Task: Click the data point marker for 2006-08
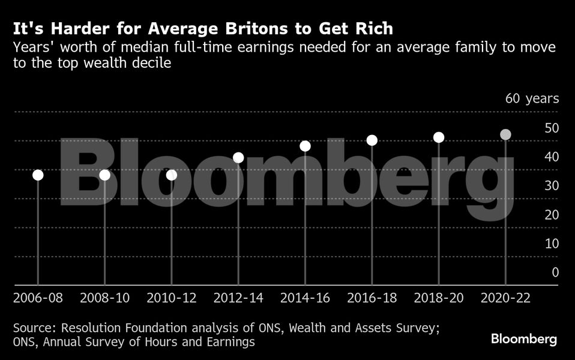click(x=38, y=175)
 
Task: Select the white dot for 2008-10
click(x=104, y=175)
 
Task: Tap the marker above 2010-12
click(x=172, y=175)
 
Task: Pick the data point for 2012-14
click(x=238, y=158)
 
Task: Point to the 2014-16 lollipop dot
click(x=305, y=146)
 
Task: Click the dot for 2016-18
click(x=372, y=140)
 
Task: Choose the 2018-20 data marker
click(x=439, y=137)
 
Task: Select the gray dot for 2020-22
click(x=506, y=134)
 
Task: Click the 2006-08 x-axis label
click(x=38, y=298)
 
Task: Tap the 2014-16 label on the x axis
click(x=305, y=298)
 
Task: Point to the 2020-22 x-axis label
click(x=506, y=298)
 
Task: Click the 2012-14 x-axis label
click(x=238, y=298)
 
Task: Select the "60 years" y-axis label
click(x=532, y=99)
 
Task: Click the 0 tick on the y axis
click(x=555, y=272)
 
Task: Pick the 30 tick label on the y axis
click(x=551, y=186)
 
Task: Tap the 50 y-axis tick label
click(x=551, y=128)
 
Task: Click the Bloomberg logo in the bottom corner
click(x=524, y=339)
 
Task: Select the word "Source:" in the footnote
click(x=35, y=328)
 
